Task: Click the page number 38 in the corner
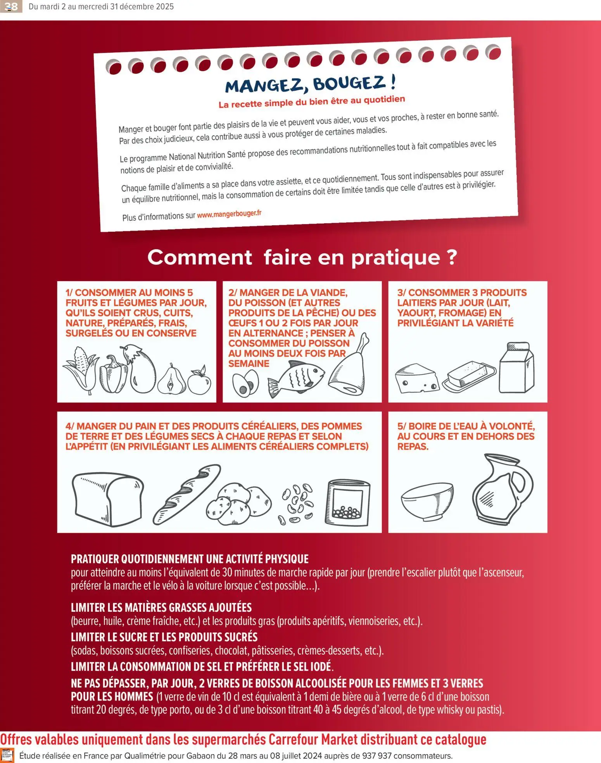click(11, 7)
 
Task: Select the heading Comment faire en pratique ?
click(302, 257)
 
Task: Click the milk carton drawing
click(516, 368)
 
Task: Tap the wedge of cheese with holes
click(417, 378)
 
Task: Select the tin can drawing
click(347, 502)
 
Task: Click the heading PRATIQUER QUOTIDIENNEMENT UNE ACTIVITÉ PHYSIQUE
click(190, 559)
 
